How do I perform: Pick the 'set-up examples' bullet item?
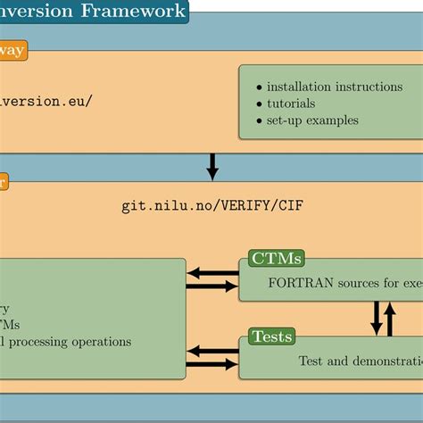pyautogui.click(x=312, y=120)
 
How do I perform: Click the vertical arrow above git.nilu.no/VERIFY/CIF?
pyautogui.click(x=212, y=165)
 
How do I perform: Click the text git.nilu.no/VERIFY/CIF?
pyautogui.click(x=218, y=204)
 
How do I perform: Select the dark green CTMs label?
pyautogui.click(x=276, y=259)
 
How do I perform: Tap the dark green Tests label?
pyautogui.click(x=272, y=336)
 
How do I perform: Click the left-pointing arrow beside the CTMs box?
pyautogui.click(x=212, y=273)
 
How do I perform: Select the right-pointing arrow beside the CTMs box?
pyautogui.click(x=212, y=286)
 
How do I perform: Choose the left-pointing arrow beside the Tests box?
pyautogui.click(x=212, y=352)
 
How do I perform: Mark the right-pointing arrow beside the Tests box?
pyautogui.click(x=212, y=364)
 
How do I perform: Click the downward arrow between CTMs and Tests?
pyautogui.click(x=376, y=318)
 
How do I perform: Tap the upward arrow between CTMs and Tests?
pyautogui.click(x=389, y=318)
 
